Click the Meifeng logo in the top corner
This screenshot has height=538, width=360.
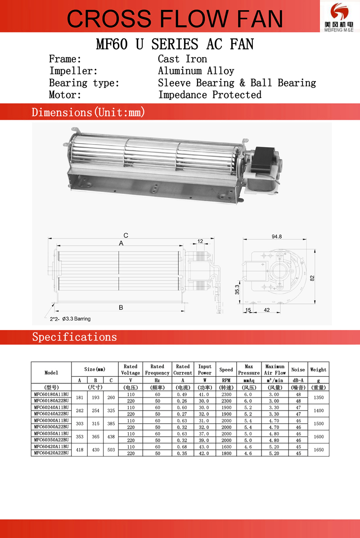pyautogui.click(x=339, y=16)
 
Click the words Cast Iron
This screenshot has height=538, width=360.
pyautogui.click(x=182, y=59)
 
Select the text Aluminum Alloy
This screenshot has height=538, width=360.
pyautogui.click(x=196, y=71)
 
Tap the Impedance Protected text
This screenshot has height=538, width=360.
pyautogui.click(x=210, y=95)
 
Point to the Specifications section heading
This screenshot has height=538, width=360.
pyautogui.click(x=74, y=337)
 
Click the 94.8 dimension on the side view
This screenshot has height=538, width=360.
pyautogui.click(x=276, y=237)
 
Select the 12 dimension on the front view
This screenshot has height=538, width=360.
pyautogui.click(x=200, y=242)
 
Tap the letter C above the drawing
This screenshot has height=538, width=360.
pyautogui.click(x=126, y=235)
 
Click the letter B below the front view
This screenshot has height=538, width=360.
pyautogui.click(x=121, y=308)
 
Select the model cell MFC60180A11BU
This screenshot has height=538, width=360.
pyautogui.click(x=51, y=394)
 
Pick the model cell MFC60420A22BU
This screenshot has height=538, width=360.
pyautogui.click(x=51, y=453)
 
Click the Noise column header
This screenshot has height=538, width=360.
pyautogui.click(x=298, y=370)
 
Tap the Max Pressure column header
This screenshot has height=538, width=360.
pyautogui.click(x=249, y=370)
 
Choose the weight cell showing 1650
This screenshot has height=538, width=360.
pyautogui.click(x=318, y=450)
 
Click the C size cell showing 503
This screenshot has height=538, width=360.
pyautogui.click(x=111, y=450)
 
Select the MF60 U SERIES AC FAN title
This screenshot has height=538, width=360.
pyautogui.click(x=175, y=44)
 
